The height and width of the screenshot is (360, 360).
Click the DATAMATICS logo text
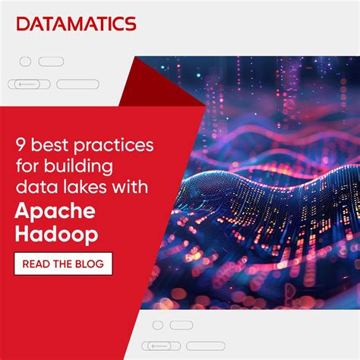pos(76,24)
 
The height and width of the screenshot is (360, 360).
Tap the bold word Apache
pos(54,211)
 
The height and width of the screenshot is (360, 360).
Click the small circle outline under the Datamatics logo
pos(25,62)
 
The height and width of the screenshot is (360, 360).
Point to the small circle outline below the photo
pos(157,325)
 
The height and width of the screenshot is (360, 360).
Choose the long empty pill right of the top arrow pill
pos(77,84)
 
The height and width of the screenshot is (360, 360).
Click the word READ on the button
pos(37,264)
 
